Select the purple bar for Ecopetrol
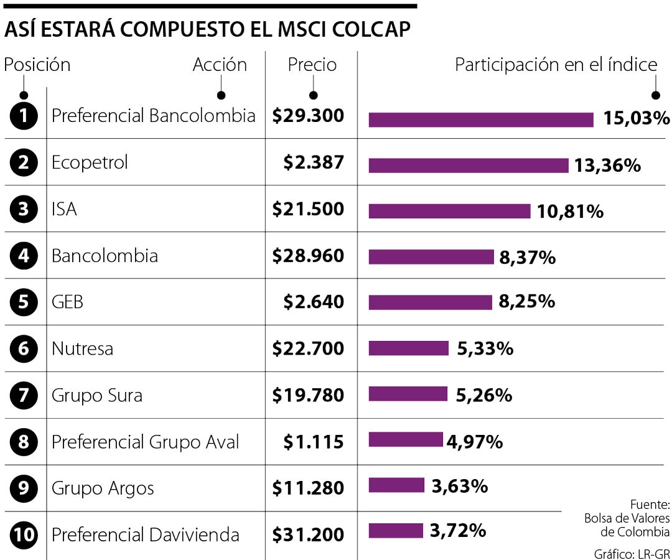tap(468, 166)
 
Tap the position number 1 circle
tap(24, 116)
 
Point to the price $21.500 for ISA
tap(307, 209)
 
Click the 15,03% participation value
tap(636, 118)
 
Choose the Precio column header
tap(312, 65)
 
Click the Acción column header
tap(220, 65)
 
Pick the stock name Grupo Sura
tap(96, 395)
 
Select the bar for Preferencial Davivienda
tap(396, 531)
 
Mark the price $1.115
tap(313, 442)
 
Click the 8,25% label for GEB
tap(526, 302)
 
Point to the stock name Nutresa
tap(82, 348)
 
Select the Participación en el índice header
tap(556, 65)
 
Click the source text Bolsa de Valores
tap(627, 518)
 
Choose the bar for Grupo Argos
tap(396, 485)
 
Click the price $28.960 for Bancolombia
tap(307, 256)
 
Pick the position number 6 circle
tap(24, 348)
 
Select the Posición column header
tap(37, 65)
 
